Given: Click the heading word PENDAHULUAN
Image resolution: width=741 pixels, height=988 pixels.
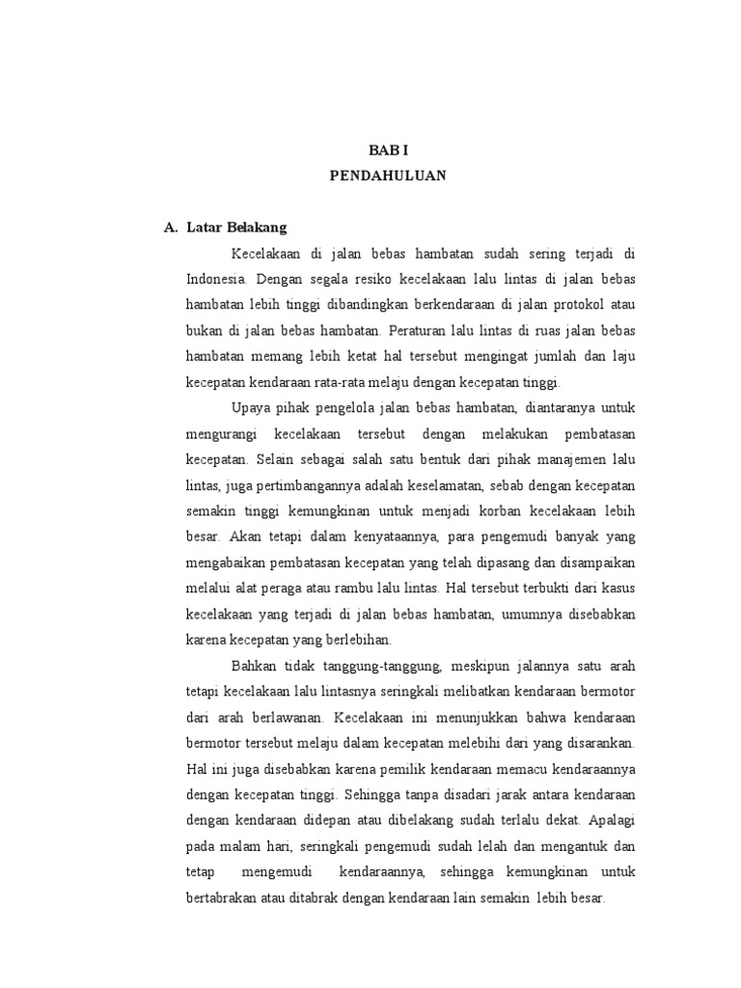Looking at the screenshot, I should [x=388, y=177].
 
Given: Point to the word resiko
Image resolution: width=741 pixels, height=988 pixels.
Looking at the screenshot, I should [x=365, y=279].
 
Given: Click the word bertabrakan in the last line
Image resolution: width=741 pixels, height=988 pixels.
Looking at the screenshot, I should [x=225, y=897].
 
